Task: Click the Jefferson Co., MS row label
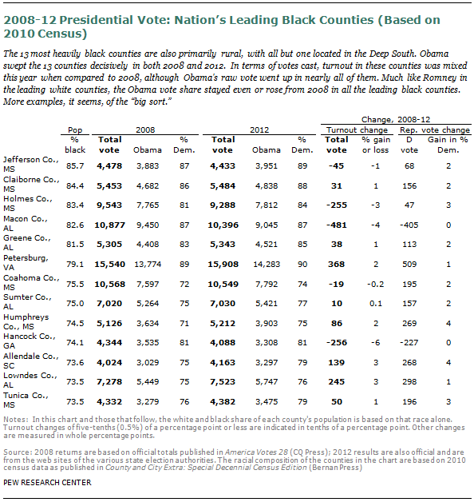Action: pos(30,164)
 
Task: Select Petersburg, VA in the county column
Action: pos(26,262)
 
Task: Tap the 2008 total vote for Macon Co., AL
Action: pos(109,225)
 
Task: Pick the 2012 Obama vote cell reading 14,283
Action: pos(267,264)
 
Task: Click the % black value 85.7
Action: pos(75,165)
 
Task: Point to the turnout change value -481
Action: pos(337,225)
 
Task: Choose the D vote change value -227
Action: pos(409,343)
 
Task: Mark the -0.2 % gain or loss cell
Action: pos(375,285)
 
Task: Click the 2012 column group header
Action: pos(259,130)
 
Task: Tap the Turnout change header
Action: pos(357,130)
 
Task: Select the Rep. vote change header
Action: pos(435,130)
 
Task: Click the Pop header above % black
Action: pos(75,130)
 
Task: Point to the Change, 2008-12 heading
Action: pos(396,119)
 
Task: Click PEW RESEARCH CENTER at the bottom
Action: pos(47,483)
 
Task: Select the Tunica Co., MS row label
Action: pos(26,400)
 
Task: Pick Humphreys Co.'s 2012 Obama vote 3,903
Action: pos(267,324)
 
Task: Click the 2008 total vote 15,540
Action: pos(109,264)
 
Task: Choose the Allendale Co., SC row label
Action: pos(30,361)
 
